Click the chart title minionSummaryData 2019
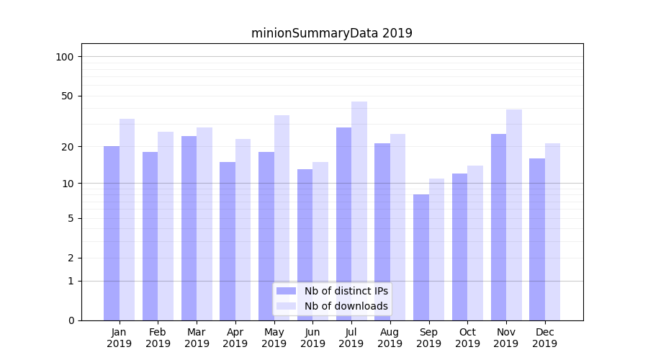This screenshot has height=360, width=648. click(331, 33)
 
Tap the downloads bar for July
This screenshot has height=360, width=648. click(359, 210)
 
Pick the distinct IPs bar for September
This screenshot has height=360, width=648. click(421, 257)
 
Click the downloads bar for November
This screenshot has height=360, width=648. click(514, 215)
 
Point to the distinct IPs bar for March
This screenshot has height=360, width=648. click(189, 228)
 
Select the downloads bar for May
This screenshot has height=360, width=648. click(282, 217)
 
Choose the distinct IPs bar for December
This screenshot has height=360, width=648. click(537, 239)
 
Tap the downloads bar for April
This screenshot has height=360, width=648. click(243, 229)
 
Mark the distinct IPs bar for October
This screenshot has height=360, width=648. click(460, 246)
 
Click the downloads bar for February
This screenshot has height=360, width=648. click(166, 225)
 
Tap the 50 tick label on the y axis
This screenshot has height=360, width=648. click(68, 96)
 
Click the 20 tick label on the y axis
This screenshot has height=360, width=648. click(68, 147)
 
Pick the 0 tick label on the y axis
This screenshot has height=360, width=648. click(71, 320)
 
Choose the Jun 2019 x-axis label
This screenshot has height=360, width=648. click(312, 338)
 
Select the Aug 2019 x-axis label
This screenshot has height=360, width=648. click(390, 338)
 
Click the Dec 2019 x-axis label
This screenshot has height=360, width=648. click(544, 338)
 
